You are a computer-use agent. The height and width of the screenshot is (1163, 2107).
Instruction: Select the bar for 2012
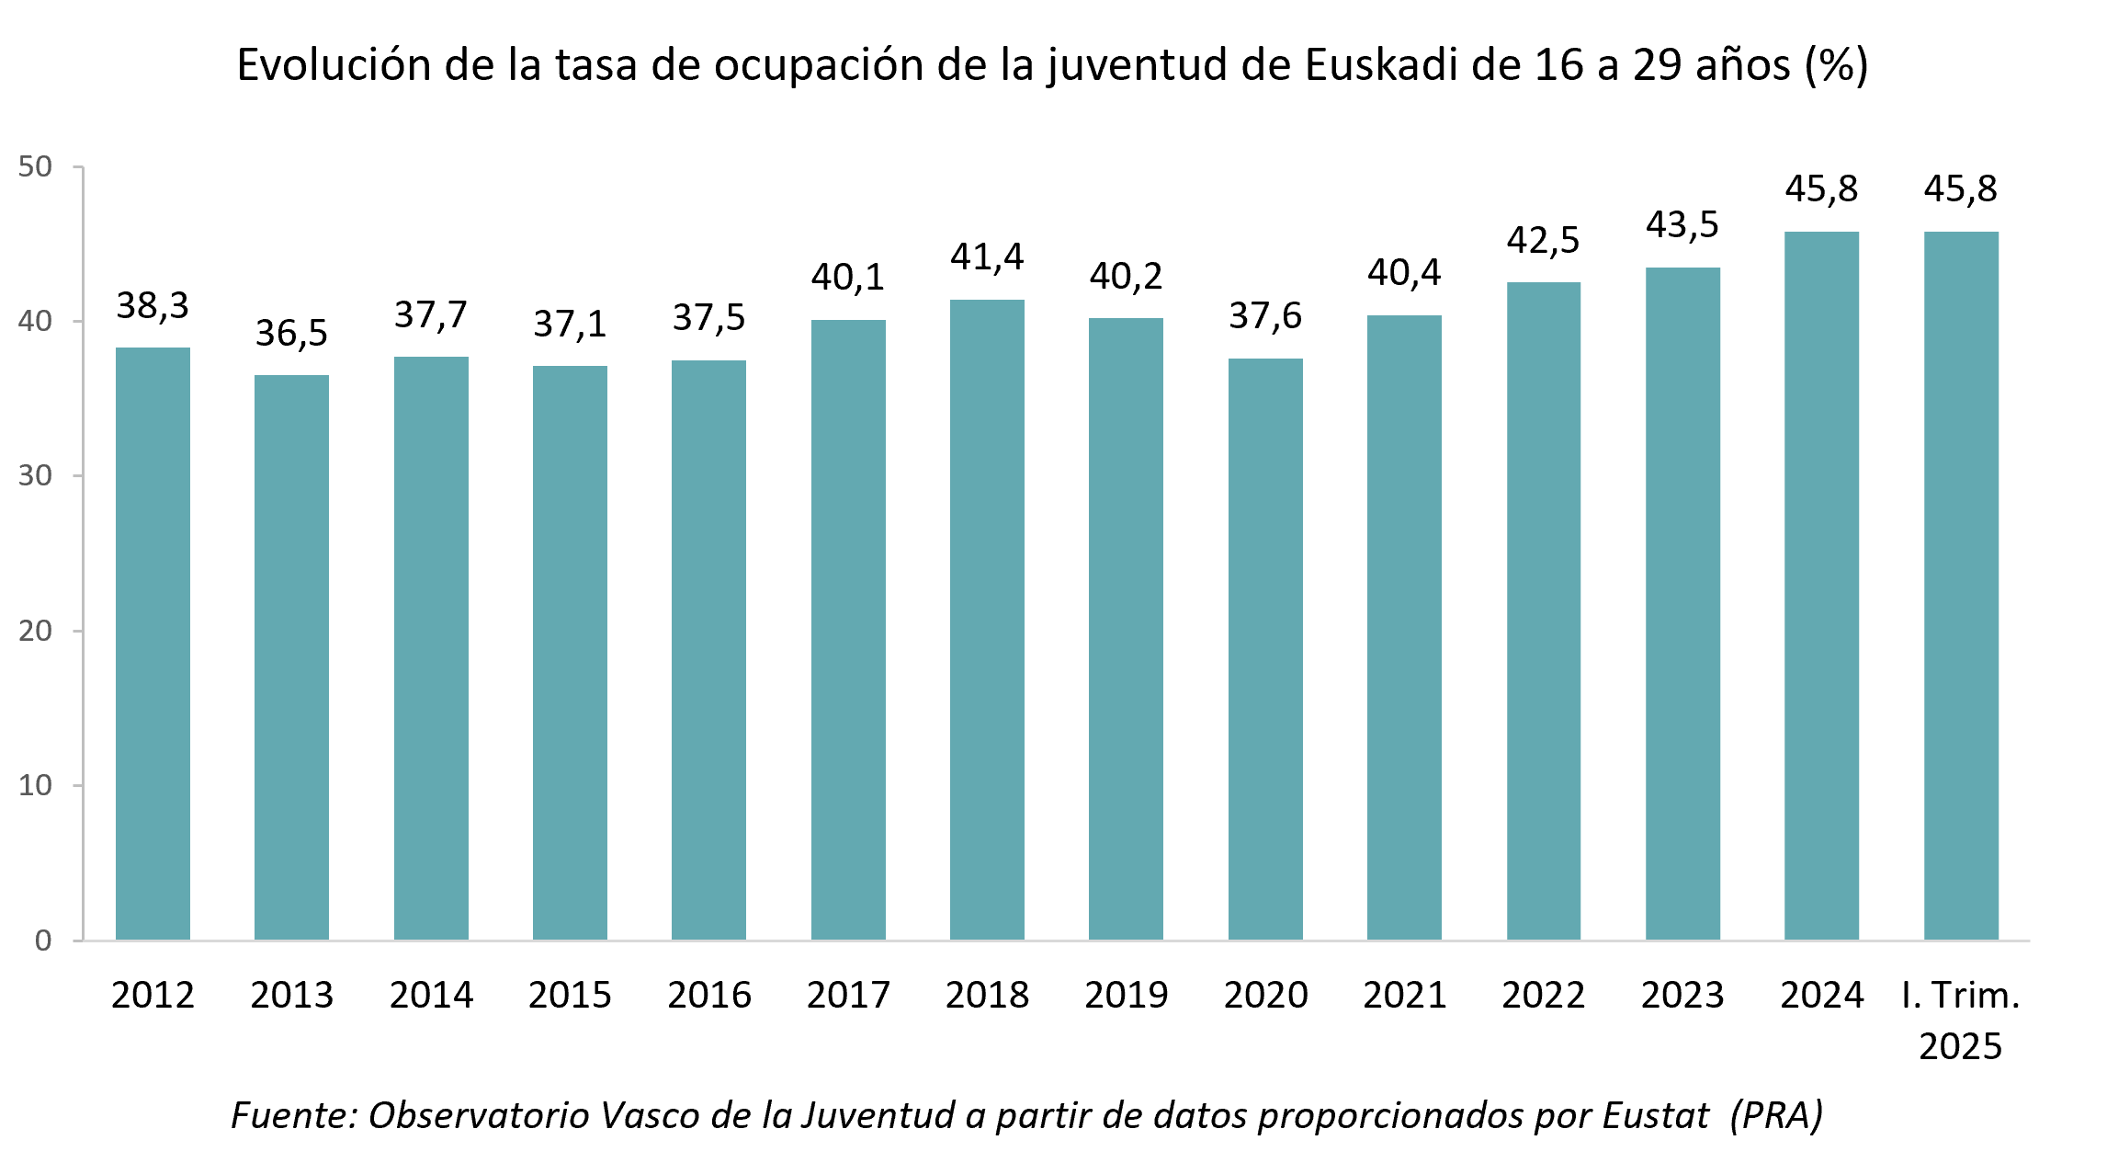(x=153, y=644)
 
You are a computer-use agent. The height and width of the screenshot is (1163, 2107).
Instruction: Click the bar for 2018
(x=987, y=621)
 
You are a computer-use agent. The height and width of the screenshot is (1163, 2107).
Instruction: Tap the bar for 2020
(x=1265, y=649)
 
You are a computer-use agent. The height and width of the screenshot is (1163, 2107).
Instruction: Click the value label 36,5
(x=291, y=333)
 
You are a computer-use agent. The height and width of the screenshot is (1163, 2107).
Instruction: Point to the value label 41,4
(x=987, y=257)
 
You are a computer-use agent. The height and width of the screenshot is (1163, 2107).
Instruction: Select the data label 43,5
(x=1682, y=224)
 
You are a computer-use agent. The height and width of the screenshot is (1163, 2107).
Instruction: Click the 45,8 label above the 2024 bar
(x=1821, y=188)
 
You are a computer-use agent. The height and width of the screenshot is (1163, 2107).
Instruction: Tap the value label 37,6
(x=1265, y=315)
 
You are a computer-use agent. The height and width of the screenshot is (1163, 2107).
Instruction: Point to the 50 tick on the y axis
(x=35, y=166)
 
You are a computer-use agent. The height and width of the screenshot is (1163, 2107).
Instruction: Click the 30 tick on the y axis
(x=35, y=475)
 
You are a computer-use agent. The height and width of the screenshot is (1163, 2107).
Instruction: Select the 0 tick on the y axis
(x=42, y=941)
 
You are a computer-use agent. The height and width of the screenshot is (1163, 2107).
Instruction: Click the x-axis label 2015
(x=570, y=995)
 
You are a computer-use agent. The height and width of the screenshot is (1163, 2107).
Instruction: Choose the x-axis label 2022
(x=1544, y=995)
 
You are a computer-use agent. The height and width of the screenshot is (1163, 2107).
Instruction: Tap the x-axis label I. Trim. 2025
(x=1961, y=1020)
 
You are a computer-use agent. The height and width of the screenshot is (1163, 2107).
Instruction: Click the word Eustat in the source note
(x=1655, y=1115)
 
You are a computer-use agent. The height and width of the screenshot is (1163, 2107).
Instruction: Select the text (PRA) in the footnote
(x=1775, y=1115)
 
